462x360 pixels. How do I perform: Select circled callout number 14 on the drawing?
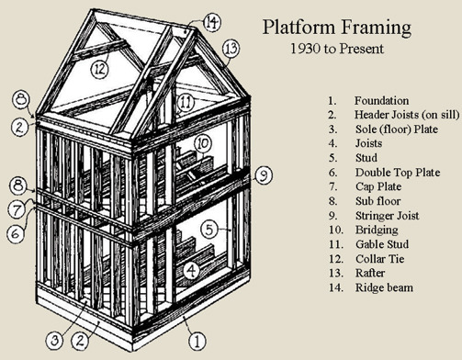211,21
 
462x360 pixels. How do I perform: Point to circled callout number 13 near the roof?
230,47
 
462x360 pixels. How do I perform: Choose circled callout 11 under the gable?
186,101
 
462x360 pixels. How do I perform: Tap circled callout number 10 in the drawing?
203,143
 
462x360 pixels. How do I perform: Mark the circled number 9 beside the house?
262,173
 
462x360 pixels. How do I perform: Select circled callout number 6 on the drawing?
17,234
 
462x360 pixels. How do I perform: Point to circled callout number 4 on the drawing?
190,270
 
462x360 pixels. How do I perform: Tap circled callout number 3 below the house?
57,341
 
